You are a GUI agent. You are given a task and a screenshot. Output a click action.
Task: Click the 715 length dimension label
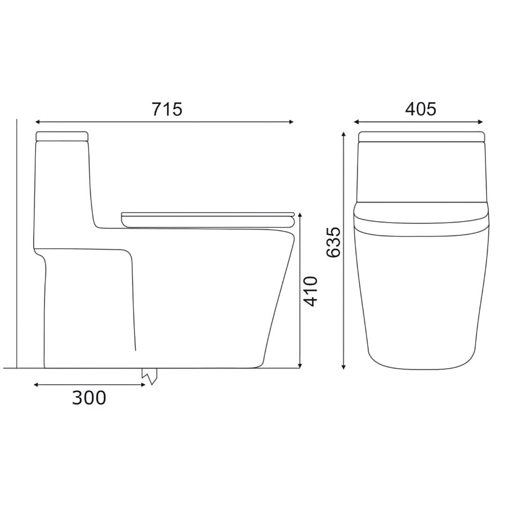(x=167, y=109)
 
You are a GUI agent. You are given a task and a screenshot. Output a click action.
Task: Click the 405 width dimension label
(x=420, y=109)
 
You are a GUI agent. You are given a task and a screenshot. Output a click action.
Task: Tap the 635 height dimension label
(x=334, y=242)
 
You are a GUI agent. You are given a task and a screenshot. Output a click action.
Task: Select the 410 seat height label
(x=311, y=291)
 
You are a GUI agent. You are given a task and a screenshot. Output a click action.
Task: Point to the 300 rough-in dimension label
(x=89, y=398)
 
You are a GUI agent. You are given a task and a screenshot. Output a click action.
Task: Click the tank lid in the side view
(x=62, y=136)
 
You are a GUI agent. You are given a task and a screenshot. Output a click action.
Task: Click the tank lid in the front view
(x=422, y=136)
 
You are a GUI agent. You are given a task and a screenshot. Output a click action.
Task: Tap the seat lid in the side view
(x=208, y=219)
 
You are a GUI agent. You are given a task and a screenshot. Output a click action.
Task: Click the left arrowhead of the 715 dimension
(x=37, y=122)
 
